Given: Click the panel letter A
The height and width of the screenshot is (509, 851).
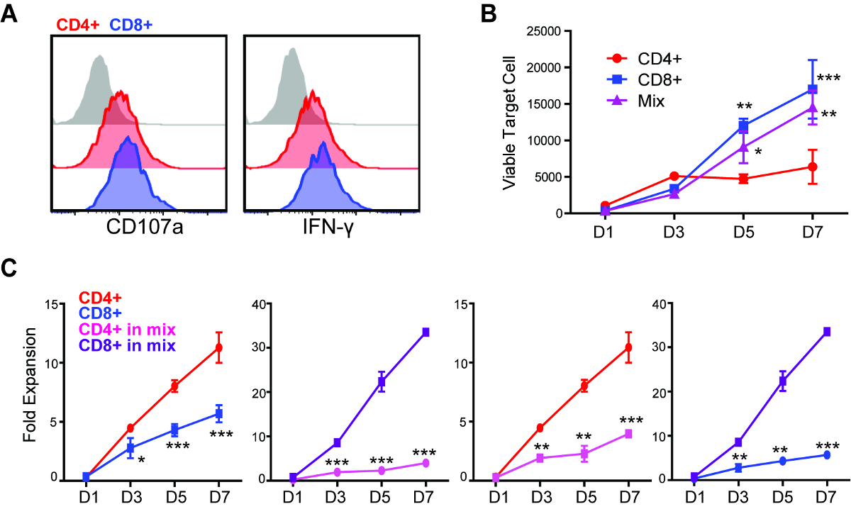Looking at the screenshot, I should pyautogui.click(x=10, y=14).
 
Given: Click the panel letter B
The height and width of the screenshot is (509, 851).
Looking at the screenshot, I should pyautogui.click(x=469, y=12).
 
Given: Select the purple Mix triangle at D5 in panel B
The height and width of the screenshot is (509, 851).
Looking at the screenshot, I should pyautogui.click(x=743, y=147).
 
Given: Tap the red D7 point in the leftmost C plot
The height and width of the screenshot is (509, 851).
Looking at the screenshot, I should pyautogui.click(x=219, y=347).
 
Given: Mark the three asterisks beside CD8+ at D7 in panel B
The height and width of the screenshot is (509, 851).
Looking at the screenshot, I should pyautogui.click(x=828, y=79).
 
